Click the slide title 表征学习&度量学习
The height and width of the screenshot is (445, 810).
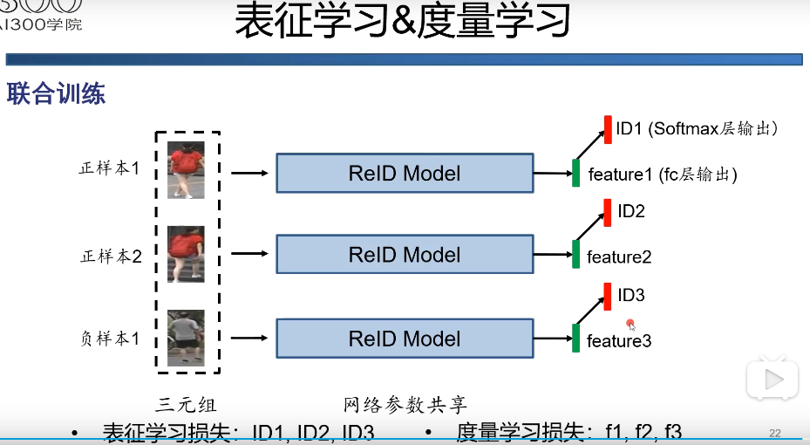(403, 22)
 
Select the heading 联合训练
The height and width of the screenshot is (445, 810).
(57, 94)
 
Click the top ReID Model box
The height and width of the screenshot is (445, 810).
(404, 173)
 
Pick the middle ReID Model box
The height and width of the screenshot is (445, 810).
(404, 255)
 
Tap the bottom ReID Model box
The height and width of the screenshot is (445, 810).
(404, 339)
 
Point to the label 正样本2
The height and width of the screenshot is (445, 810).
(110, 257)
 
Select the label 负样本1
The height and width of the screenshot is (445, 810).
(110, 339)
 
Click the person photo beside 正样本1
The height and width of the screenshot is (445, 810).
(186, 170)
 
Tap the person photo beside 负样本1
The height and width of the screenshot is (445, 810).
(186, 338)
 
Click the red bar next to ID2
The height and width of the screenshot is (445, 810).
(607, 213)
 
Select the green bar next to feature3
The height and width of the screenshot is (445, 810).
(575, 339)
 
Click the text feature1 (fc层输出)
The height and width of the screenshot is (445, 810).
(663, 175)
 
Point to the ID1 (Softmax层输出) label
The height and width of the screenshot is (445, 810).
(696, 129)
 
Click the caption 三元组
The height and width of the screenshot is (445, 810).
(186, 405)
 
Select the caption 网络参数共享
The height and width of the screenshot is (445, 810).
(405, 405)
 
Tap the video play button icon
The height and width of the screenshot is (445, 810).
(772, 379)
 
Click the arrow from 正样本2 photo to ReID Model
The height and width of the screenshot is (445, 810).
(250, 255)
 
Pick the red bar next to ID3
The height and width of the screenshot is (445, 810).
(607, 297)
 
